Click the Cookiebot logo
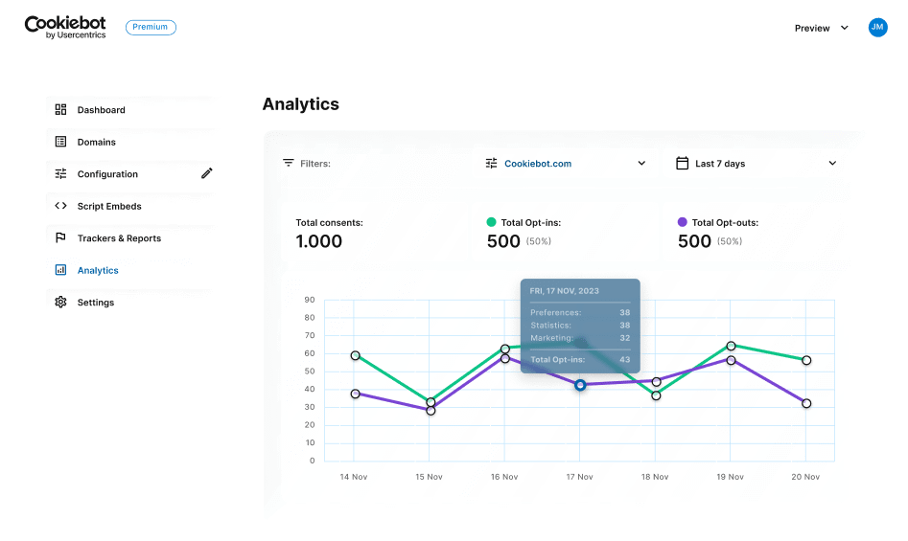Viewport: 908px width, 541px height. point(65,27)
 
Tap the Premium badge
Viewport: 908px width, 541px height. point(151,28)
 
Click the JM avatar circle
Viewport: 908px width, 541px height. point(877,28)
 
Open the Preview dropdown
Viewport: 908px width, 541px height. point(822,28)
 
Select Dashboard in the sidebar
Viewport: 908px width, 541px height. point(101,110)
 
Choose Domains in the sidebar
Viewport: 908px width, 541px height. point(96,142)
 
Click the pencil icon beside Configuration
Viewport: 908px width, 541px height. point(207,173)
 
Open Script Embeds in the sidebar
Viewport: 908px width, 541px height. point(109,206)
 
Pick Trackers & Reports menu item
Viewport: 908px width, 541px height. point(119,238)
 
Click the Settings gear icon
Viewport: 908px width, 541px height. point(60,303)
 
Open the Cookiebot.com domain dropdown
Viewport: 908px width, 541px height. point(566,164)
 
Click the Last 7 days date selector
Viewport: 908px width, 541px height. point(756,164)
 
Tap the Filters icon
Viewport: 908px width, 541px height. point(288,164)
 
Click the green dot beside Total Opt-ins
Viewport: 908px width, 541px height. point(492,222)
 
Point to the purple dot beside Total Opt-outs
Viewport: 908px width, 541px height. point(683,222)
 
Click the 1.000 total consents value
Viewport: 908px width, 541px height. point(319,241)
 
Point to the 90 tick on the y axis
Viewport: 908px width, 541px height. point(310,300)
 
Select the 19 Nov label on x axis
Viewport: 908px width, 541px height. point(731,477)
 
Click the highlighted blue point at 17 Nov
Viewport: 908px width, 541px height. point(580,385)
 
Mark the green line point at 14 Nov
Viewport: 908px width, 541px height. point(356,355)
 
